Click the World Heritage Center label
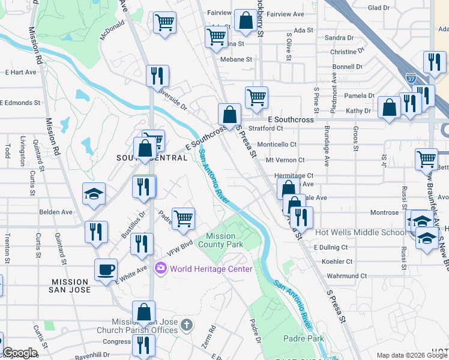[x=211, y=268]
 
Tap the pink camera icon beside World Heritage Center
[x=161, y=268]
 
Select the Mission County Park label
[x=220, y=240]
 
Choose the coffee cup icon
[x=106, y=269]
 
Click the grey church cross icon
[x=187, y=325]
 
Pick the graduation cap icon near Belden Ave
[x=94, y=194]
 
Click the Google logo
[x=20, y=353]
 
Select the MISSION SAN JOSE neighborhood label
[x=71, y=286]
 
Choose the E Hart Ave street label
[x=20, y=72]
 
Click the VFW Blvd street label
[x=179, y=248]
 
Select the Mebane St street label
[x=236, y=59]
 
